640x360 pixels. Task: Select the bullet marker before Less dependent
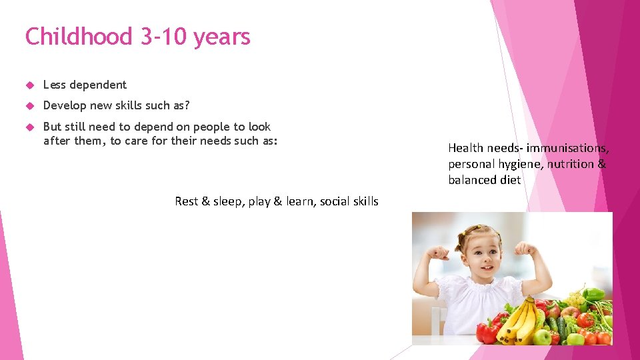(x=29, y=85)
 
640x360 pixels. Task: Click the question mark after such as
(x=187, y=105)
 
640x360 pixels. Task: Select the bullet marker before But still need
(x=29, y=127)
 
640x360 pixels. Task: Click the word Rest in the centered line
(x=186, y=201)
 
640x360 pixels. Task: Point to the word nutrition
(x=571, y=164)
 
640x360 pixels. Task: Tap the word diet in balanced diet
(x=509, y=180)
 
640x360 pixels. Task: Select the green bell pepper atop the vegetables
(x=593, y=294)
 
